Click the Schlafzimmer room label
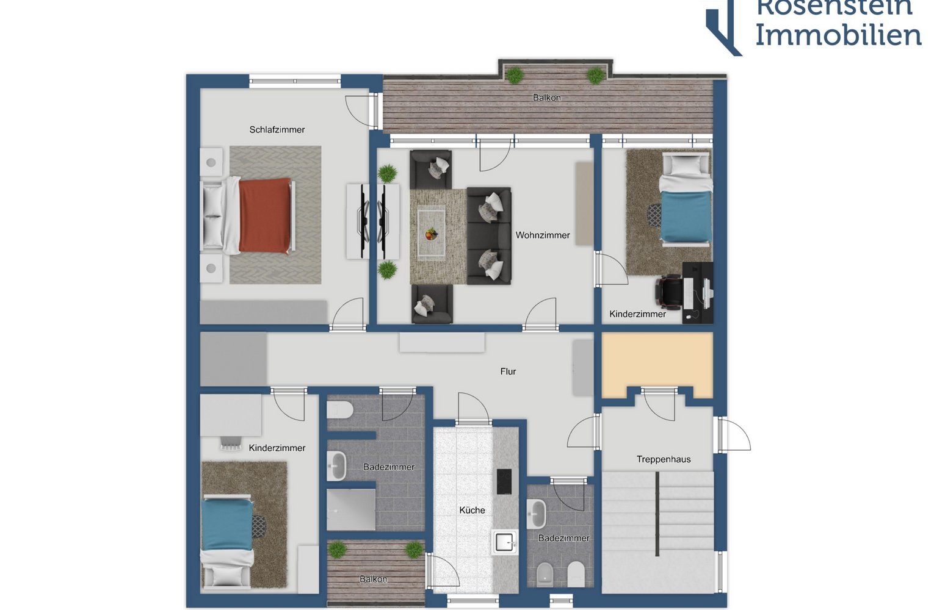tap(277, 129)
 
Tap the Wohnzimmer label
tap(543, 235)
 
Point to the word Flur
tap(508, 371)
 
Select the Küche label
tap(472, 510)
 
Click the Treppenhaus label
tap(664, 459)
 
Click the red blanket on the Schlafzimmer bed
tap(265, 215)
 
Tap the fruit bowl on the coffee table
tap(432, 234)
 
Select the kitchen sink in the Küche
tap(504, 542)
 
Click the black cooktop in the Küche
tap(504, 481)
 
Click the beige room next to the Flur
tap(657, 362)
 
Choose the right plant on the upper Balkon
tap(595, 76)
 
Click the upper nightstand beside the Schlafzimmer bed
tap(211, 162)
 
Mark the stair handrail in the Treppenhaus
tap(657, 514)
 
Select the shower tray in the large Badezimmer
tap(350, 509)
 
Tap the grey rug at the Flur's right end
tap(582, 367)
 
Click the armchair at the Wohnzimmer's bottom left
tap(432, 304)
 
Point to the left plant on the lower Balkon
tap(338, 550)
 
